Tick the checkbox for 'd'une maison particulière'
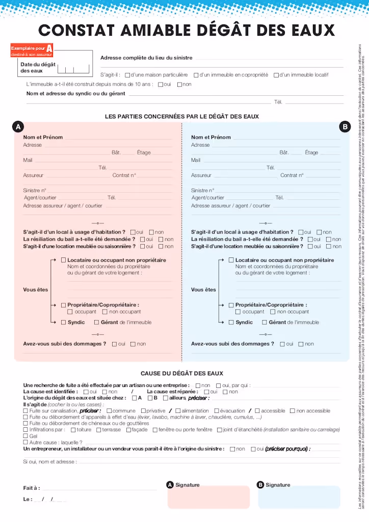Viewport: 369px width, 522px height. click(x=127, y=75)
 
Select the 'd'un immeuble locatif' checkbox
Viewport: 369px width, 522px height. click(x=276, y=75)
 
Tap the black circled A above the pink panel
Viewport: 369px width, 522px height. click(x=17, y=126)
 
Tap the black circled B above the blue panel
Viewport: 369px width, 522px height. click(x=345, y=126)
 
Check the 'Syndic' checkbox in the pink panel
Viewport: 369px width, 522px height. click(x=63, y=322)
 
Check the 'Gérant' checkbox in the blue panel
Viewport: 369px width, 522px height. click(x=265, y=322)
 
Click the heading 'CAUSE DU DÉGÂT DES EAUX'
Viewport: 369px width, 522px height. click(x=182, y=359)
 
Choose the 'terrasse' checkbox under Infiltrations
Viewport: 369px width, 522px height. click(x=99, y=430)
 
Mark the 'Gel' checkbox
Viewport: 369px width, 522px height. click(x=26, y=436)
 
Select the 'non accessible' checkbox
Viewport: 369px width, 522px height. click(x=293, y=411)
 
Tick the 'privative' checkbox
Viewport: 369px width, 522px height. click(x=143, y=411)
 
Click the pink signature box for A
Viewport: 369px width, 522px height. click(x=208, y=498)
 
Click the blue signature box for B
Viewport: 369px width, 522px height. click(x=299, y=498)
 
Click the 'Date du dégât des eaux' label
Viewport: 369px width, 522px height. click(x=38, y=67)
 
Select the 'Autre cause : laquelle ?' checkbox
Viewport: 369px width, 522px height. click(x=26, y=442)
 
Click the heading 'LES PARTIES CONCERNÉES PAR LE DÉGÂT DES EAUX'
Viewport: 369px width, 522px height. click(x=182, y=117)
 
